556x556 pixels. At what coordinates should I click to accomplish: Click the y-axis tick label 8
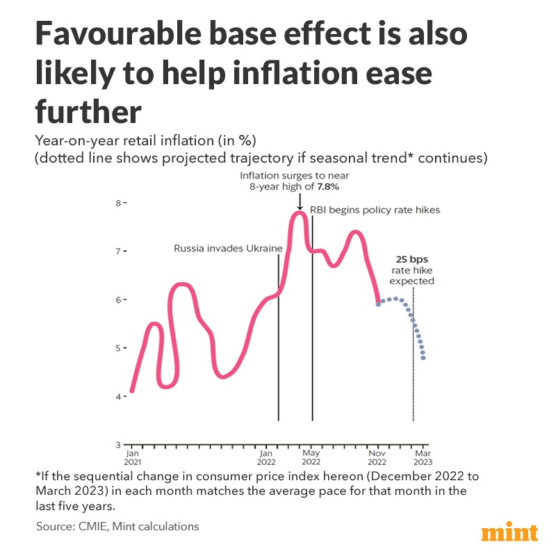coord(117,203)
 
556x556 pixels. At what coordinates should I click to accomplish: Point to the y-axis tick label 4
coord(117,396)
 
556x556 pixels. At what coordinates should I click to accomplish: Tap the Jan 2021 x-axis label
coord(131,457)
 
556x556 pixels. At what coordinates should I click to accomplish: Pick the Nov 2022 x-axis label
coord(377,457)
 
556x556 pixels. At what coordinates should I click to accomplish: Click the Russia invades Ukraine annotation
coord(228,248)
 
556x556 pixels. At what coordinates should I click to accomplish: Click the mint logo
coord(509,533)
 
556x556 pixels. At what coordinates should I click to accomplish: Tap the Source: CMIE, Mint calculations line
coord(117,526)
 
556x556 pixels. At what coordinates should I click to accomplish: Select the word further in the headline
coord(88,111)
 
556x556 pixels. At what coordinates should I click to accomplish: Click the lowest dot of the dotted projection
coord(424,359)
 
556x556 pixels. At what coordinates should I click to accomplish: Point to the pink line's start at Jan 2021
coord(132,391)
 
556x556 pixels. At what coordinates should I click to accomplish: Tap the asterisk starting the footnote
coord(38,475)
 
